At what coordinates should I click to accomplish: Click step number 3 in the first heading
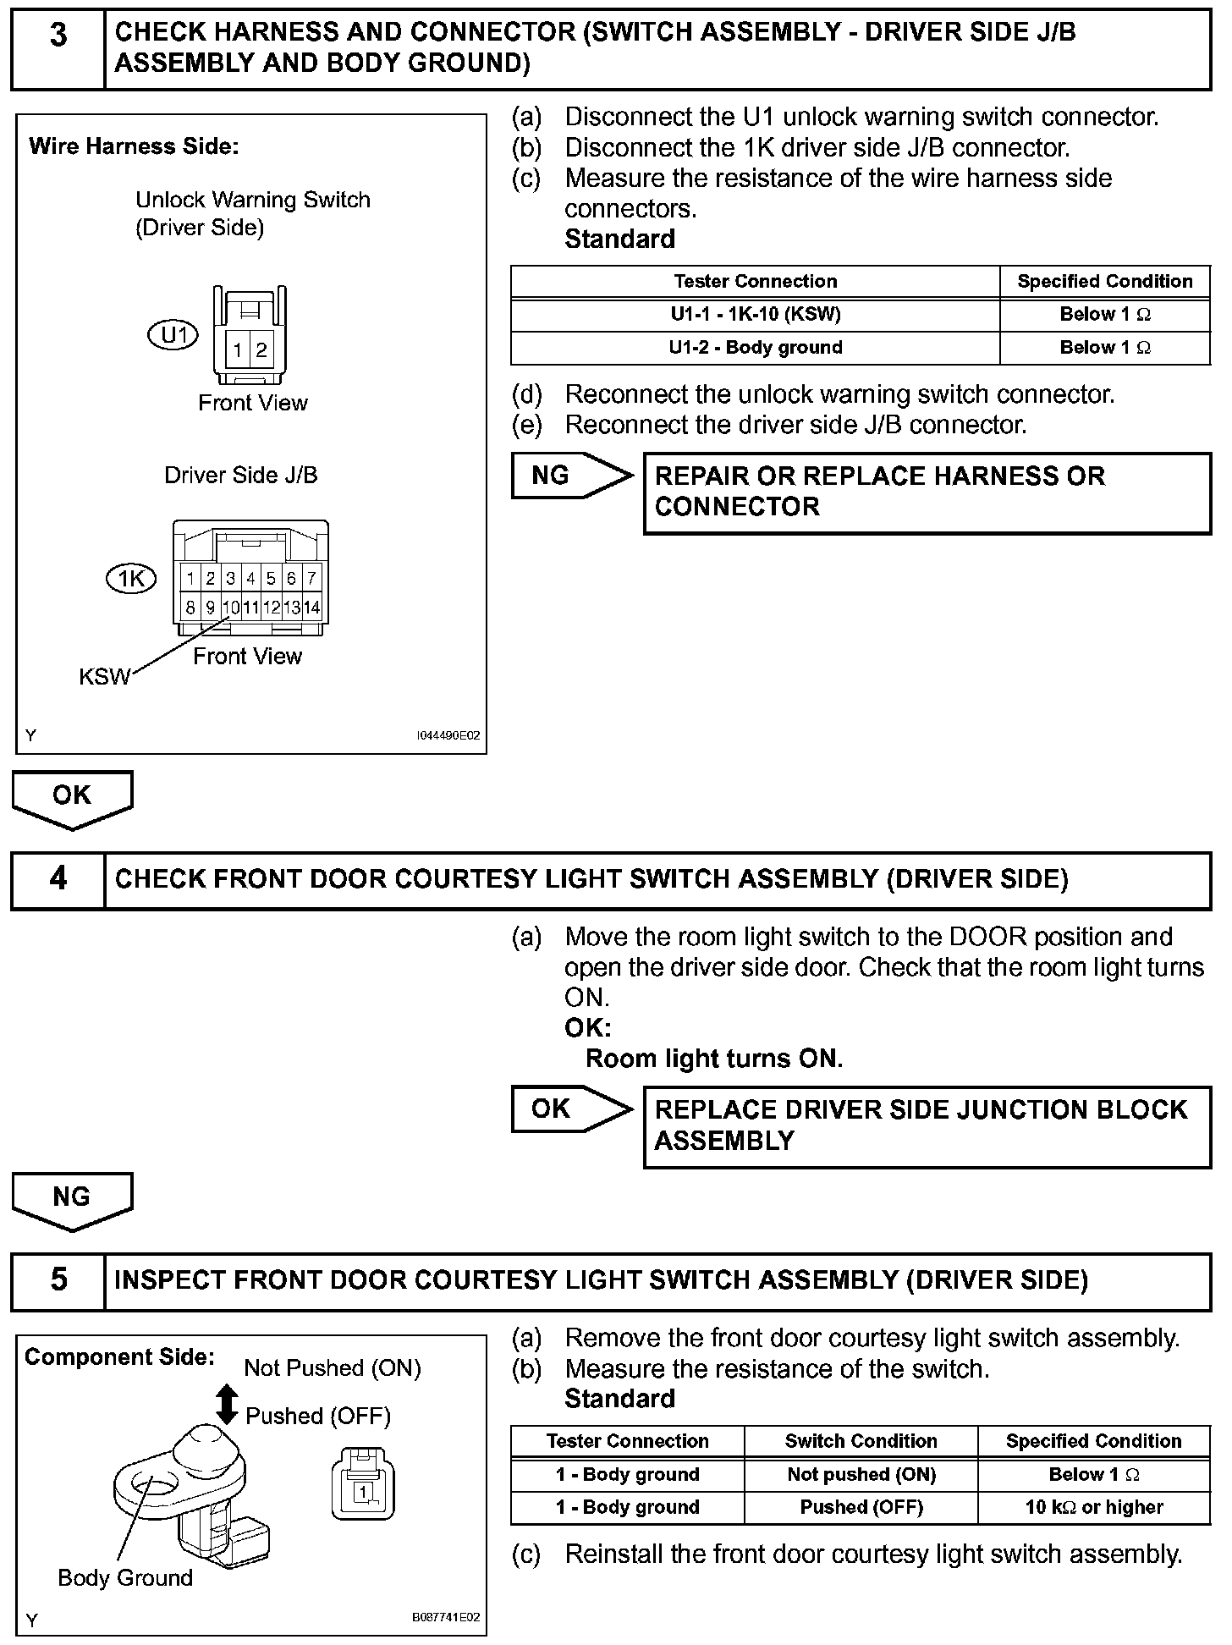[x=58, y=36]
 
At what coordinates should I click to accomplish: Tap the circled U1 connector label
[x=173, y=336]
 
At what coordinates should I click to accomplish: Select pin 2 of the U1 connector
[x=261, y=349]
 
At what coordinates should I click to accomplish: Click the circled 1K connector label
[x=131, y=579]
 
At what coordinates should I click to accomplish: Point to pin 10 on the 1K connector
[x=231, y=607]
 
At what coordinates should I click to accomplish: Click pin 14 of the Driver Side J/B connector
[x=311, y=607]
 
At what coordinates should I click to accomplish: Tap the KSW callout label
[x=105, y=676]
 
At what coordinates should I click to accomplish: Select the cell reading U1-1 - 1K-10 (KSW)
[x=755, y=314]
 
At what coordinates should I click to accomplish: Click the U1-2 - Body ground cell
[x=755, y=347]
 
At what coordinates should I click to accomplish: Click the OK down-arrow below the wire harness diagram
[x=72, y=798]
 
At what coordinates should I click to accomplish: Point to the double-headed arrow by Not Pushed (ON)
[x=227, y=1404]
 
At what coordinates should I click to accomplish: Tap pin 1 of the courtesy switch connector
[x=362, y=1491]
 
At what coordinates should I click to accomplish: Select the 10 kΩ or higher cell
[x=1093, y=1507]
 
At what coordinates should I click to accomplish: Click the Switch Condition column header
[x=861, y=1441]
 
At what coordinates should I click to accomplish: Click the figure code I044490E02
[x=448, y=735]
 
